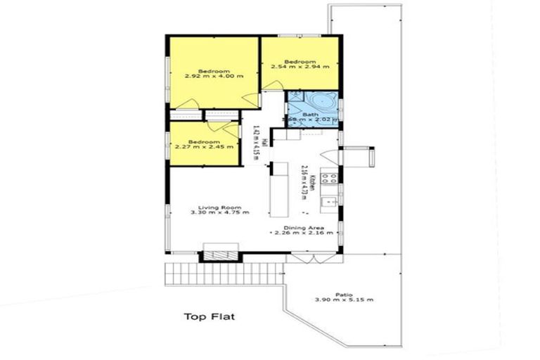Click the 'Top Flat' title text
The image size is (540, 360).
tap(209, 316)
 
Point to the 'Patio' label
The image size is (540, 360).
tap(343, 295)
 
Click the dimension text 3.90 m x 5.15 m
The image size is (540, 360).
tap(343, 300)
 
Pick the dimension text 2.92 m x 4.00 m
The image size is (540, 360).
tap(214, 76)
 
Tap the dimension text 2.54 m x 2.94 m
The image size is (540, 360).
tap(301, 67)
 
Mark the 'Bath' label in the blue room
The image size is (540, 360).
tap(310, 115)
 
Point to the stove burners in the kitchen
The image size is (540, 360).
tap(328, 176)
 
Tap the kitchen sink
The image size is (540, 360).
tap(328, 203)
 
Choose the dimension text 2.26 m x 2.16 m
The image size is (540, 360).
tap(304, 233)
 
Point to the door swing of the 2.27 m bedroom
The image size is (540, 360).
tap(246, 152)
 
